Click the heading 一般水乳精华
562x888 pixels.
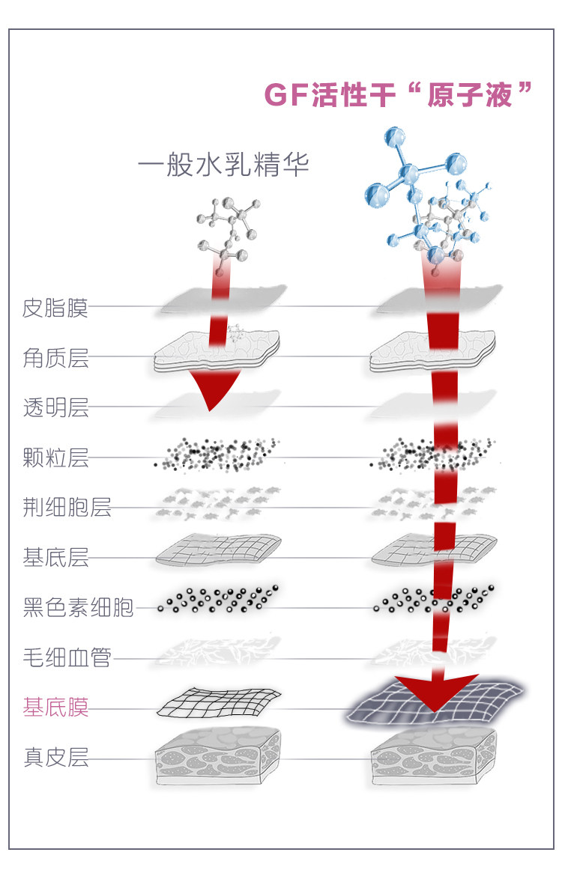[223, 165]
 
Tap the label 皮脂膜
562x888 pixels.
[55, 308]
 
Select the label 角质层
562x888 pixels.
[55, 358]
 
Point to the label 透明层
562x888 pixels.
[55, 408]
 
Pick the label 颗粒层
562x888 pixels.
[55, 458]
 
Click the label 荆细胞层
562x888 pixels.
[67, 508]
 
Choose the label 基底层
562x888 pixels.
[55, 558]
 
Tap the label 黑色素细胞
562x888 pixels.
[78, 608]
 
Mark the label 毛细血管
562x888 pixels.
[67, 658]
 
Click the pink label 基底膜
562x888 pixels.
[55, 708]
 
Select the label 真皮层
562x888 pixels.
[55, 758]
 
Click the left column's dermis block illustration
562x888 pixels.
[217, 758]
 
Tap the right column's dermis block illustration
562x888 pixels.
[435, 758]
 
